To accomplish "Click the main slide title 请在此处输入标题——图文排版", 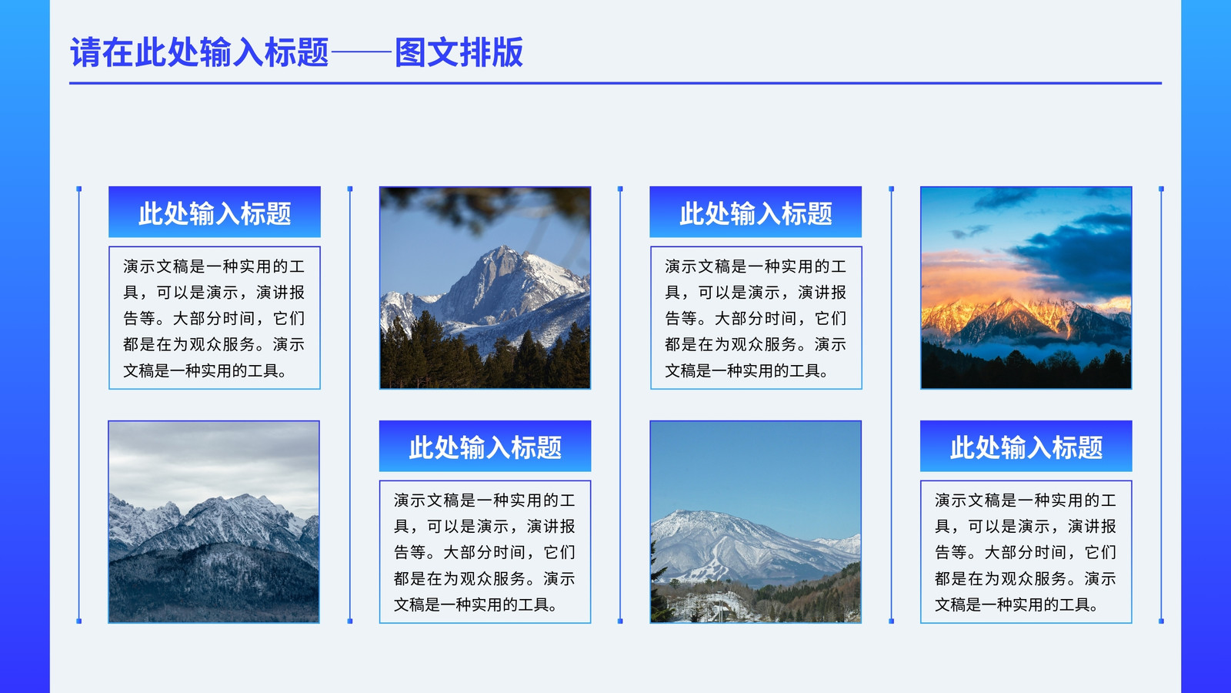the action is [x=297, y=53].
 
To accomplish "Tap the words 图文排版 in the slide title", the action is [x=459, y=53].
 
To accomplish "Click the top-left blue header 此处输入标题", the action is [x=215, y=213].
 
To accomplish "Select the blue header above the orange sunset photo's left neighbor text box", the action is [x=756, y=213].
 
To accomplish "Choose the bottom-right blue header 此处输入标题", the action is [x=1026, y=446].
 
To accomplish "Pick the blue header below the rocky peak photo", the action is [x=485, y=446].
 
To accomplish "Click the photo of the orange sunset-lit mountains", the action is [x=1026, y=288].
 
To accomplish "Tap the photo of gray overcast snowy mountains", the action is [x=214, y=522].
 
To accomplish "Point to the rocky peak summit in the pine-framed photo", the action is [x=501, y=249].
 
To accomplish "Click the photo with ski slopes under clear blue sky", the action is [x=756, y=522].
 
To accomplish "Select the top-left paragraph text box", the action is [x=215, y=318].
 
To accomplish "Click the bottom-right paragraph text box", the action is [x=1026, y=551].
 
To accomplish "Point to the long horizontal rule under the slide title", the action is [x=615, y=83].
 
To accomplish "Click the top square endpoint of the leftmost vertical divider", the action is [x=79, y=189].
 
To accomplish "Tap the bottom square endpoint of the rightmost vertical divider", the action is [x=1161, y=621].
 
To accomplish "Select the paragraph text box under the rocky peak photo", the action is [x=485, y=551].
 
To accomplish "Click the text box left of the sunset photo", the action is [x=756, y=318].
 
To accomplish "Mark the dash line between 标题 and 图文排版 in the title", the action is [x=362, y=53].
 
